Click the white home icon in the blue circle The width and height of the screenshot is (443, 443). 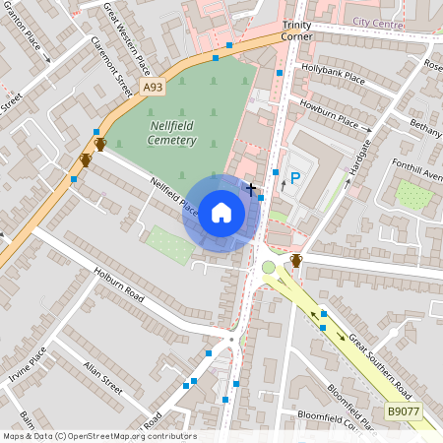tap(221, 213)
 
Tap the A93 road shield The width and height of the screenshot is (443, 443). tap(153, 88)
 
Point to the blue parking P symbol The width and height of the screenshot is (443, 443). tap(294, 178)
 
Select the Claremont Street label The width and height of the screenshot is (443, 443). tap(111, 66)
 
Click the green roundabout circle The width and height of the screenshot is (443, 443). tap(269, 267)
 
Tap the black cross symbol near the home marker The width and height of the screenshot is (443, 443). tap(251, 188)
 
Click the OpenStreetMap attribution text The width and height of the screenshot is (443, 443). tap(99, 436)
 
